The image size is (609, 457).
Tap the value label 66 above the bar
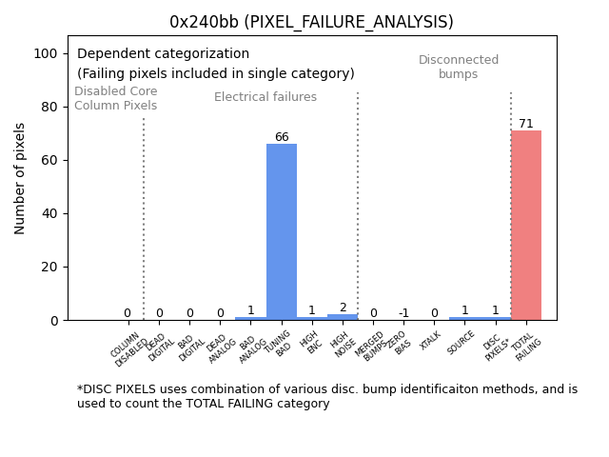pyautogui.click(x=282, y=137)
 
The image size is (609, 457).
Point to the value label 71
pyautogui.click(x=526, y=124)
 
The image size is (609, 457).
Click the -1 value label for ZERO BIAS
pyautogui.click(x=403, y=313)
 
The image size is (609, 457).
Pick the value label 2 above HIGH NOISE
pyautogui.click(x=343, y=308)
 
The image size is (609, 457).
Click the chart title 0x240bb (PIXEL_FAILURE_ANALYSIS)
pyautogui.click(x=311, y=22)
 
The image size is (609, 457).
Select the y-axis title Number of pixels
pyautogui.click(x=20, y=178)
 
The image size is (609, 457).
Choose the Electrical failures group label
pyautogui.click(x=265, y=97)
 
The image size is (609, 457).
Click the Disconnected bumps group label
pyautogui.click(x=459, y=67)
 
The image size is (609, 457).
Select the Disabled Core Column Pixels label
pyautogui.click(x=116, y=98)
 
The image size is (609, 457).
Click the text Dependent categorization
pyautogui.click(x=163, y=54)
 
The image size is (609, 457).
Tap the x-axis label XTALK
pyautogui.click(x=430, y=340)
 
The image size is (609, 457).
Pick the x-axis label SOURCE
pyautogui.click(x=461, y=343)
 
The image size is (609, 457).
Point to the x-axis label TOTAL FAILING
pyautogui.click(x=526, y=349)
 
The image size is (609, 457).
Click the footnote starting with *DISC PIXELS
pyautogui.click(x=327, y=396)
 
